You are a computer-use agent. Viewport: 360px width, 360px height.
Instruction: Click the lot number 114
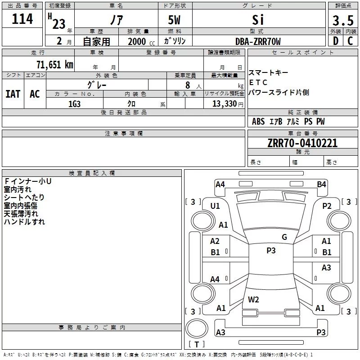(22, 19)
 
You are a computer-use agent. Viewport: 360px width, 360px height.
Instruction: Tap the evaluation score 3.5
(343, 21)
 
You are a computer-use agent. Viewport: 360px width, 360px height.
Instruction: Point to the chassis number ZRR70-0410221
(302, 143)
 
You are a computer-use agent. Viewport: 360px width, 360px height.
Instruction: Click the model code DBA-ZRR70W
(258, 41)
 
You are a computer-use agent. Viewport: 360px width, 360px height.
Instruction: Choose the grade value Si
(258, 20)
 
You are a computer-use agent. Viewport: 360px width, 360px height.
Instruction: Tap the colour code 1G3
(75, 104)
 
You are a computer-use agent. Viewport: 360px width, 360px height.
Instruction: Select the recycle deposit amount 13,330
(224, 104)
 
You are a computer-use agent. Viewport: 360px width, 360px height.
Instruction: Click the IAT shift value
(13, 94)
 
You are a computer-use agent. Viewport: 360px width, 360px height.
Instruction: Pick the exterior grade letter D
(335, 41)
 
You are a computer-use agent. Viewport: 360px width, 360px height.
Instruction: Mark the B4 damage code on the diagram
(321, 184)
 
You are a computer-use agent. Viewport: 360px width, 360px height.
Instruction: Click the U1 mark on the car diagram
(215, 206)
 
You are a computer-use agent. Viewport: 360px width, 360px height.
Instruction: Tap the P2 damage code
(327, 206)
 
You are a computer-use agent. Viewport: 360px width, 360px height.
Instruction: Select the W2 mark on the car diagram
(253, 300)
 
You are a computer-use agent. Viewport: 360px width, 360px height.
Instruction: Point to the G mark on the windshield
(284, 237)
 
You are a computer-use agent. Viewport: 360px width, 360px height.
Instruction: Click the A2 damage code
(215, 241)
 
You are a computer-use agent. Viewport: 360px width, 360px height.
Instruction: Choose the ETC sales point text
(258, 82)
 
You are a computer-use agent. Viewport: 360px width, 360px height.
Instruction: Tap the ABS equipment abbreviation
(258, 121)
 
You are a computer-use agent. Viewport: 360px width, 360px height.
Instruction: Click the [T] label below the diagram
(197, 344)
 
